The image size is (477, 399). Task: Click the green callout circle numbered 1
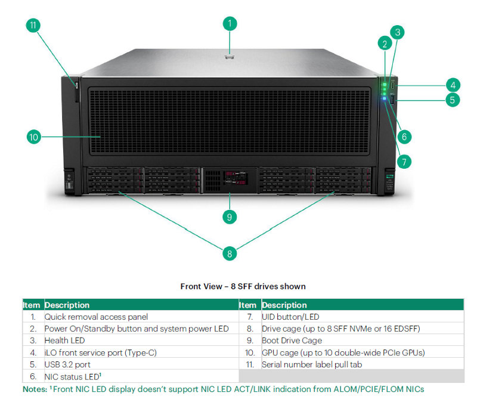pyautogui.click(x=230, y=24)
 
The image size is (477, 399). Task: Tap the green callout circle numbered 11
pyautogui.click(x=33, y=25)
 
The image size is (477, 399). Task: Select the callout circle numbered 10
pyautogui.click(x=34, y=137)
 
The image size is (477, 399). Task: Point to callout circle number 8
pyautogui.click(x=230, y=253)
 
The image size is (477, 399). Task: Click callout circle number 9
pyautogui.click(x=230, y=217)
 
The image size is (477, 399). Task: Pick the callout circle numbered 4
pyautogui.click(x=453, y=85)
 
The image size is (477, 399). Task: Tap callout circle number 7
pyautogui.click(x=404, y=162)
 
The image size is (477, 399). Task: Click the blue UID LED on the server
pyautogui.click(x=384, y=98)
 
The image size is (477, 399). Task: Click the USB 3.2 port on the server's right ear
pyautogui.click(x=392, y=100)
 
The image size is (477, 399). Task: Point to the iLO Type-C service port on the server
pyautogui.click(x=393, y=85)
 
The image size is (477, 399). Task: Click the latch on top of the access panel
pyautogui.click(x=230, y=57)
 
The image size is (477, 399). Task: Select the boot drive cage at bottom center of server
pyautogui.click(x=230, y=180)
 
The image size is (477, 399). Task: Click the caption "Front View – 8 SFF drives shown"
pyautogui.click(x=243, y=286)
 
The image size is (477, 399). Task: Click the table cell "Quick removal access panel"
pyautogui.click(x=96, y=317)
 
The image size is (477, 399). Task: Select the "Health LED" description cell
pyautogui.click(x=64, y=341)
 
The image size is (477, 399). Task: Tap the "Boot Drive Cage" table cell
pyautogui.click(x=292, y=341)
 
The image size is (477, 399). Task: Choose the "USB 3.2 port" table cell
pyautogui.click(x=67, y=364)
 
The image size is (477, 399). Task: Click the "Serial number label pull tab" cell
pyautogui.click(x=312, y=364)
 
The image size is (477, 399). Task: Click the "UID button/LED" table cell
pyautogui.click(x=290, y=317)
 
